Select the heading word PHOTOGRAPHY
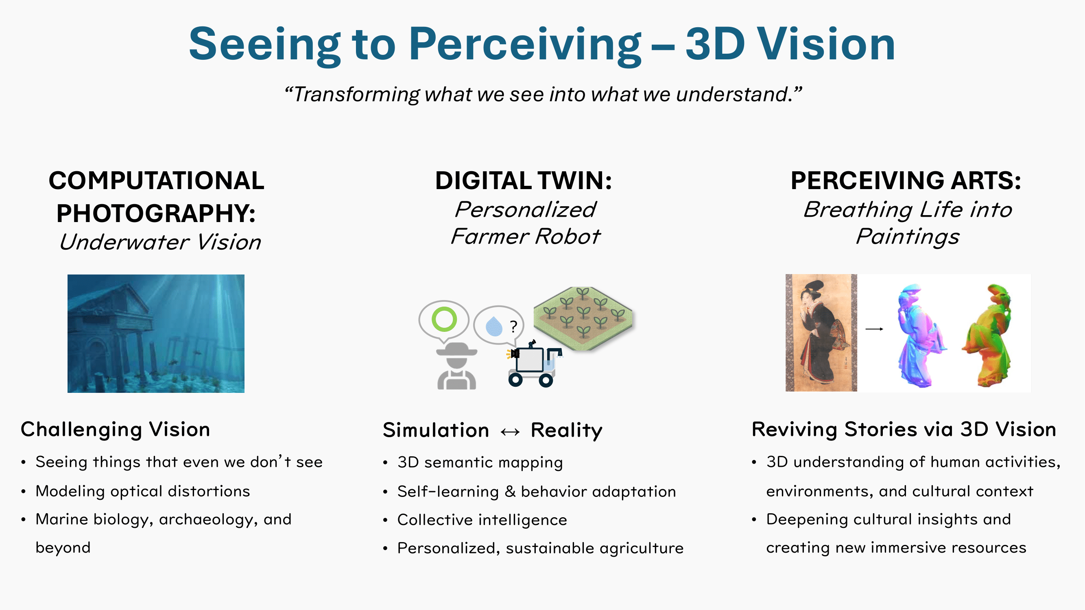[x=156, y=213]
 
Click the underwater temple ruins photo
[x=156, y=333]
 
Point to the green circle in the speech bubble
[x=444, y=319]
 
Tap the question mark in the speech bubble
[x=513, y=327]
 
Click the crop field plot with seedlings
[x=583, y=318]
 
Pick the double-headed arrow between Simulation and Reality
[x=510, y=432]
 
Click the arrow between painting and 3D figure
[x=874, y=329]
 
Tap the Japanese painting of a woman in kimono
[x=821, y=333]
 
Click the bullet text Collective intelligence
[x=482, y=520]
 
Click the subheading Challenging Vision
[x=116, y=430]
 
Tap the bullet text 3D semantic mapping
[x=480, y=463]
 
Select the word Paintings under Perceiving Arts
[x=908, y=237]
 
